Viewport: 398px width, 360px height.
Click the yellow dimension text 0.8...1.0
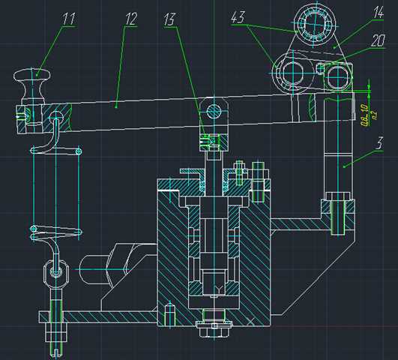tap(365, 118)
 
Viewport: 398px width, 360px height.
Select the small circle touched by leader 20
tap(323, 70)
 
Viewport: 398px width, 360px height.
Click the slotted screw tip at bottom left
tap(55, 346)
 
